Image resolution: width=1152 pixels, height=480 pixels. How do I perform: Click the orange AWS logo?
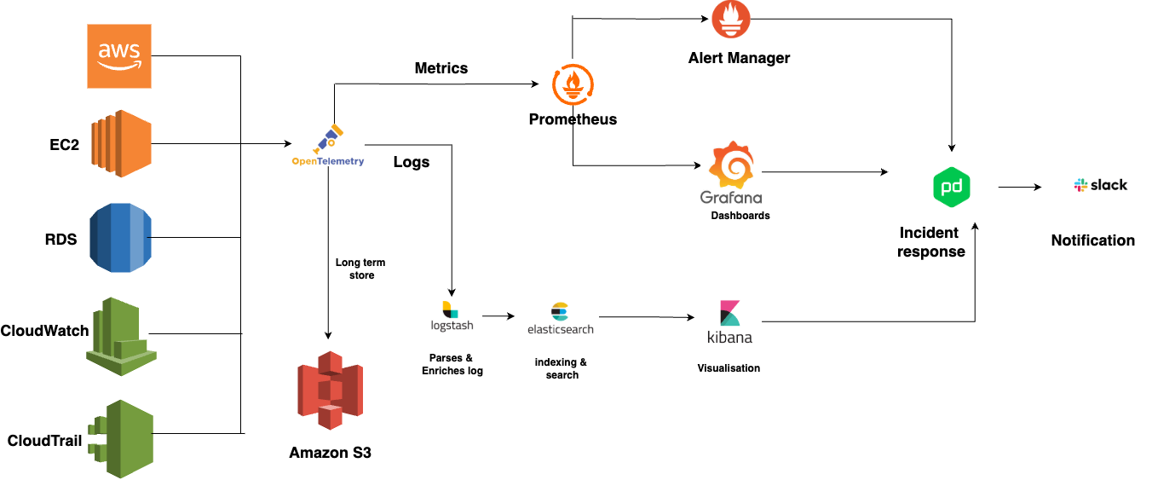tap(119, 56)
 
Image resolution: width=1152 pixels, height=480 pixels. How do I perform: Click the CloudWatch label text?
tap(44, 331)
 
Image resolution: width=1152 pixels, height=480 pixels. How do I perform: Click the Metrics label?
tap(441, 68)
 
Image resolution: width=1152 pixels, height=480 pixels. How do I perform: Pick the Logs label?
tap(411, 162)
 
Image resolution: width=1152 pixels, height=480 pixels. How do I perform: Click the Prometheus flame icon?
tap(573, 86)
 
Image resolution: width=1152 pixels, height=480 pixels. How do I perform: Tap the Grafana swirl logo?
tap(731, 167)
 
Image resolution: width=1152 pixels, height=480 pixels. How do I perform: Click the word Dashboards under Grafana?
tap(740, 216)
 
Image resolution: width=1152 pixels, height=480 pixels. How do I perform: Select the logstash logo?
tap(452, 316)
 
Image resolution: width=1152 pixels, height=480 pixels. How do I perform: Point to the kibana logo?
tap(730, 322)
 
